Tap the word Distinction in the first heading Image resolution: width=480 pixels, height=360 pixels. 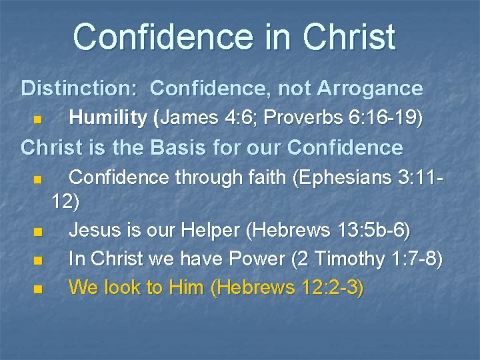pos(75,88)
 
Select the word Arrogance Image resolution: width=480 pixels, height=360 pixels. pos(370,88)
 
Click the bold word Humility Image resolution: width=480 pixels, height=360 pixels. pos(108,118)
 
